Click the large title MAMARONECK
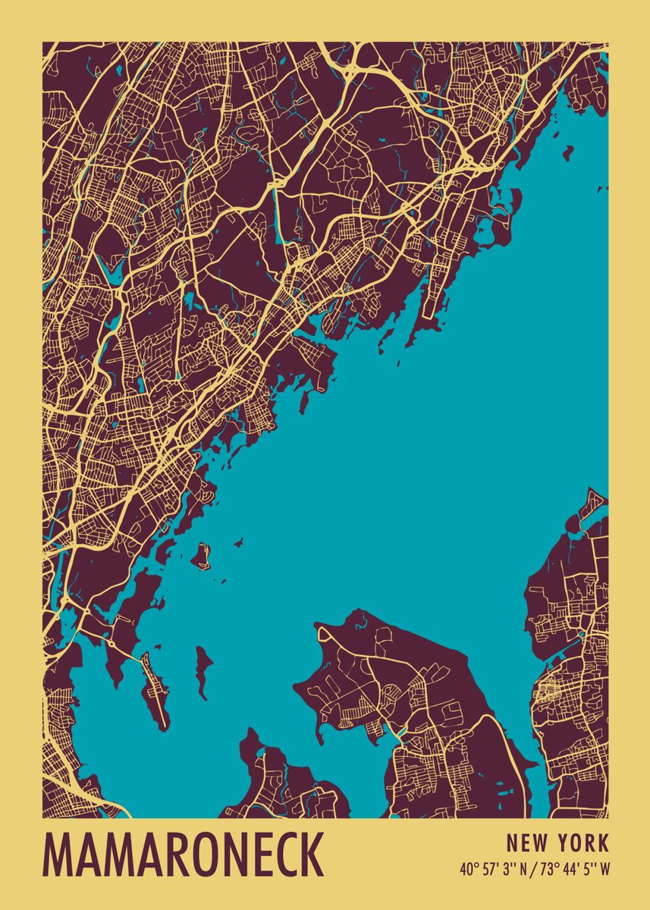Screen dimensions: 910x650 click(x=184, y=855)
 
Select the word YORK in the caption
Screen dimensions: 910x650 click(x=582, y=843)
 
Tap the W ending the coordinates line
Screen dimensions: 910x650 click(x=604, y=869)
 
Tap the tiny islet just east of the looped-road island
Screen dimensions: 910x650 click(x=238, y=542)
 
